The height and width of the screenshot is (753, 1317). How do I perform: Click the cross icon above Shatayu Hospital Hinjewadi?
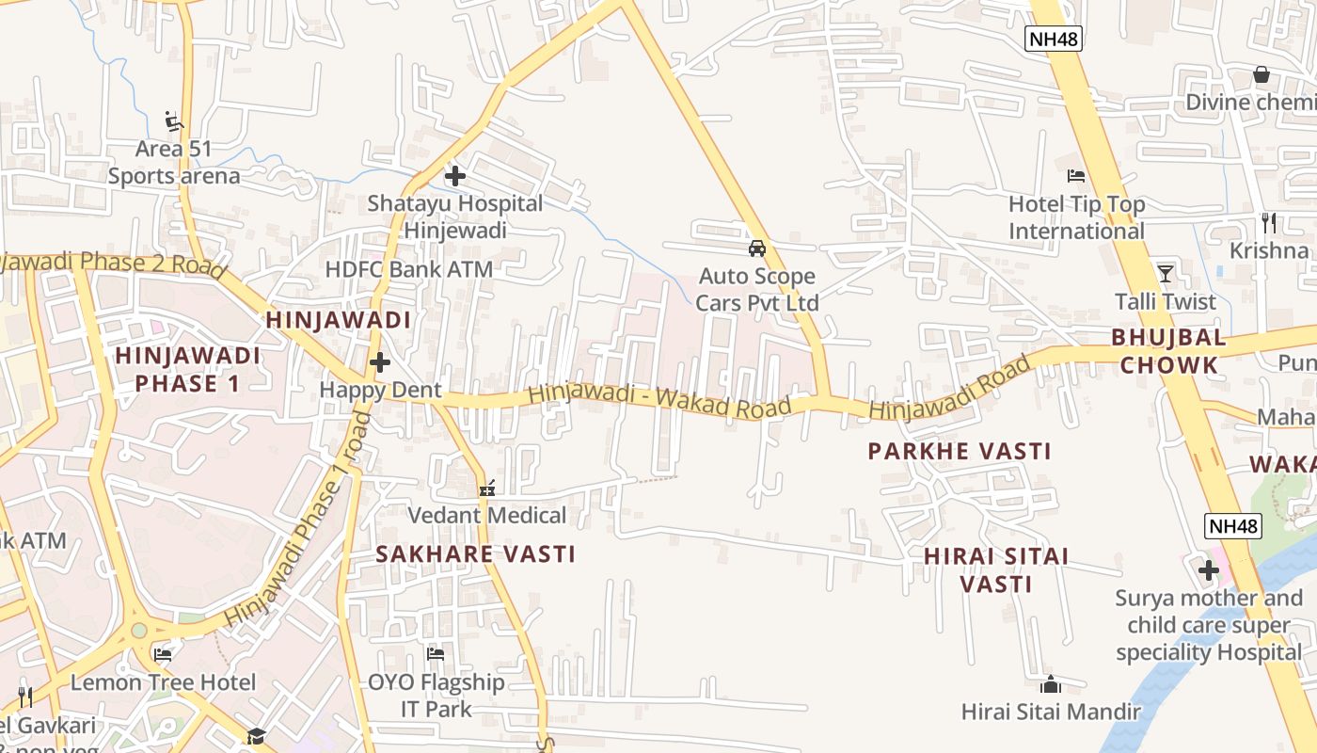(455, 176)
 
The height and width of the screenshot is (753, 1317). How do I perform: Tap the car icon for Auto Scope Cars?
(756, 248)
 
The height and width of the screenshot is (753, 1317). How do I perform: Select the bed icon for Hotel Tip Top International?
(1076, 176)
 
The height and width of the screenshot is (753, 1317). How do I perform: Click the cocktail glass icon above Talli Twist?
(1166, 274)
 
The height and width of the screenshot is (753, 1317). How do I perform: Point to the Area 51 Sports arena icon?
(174, 120)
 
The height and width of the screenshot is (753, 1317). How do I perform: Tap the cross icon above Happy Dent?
(380, 362)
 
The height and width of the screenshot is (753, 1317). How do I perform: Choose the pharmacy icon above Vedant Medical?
(487, 488)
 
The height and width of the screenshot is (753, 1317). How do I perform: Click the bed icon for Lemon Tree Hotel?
(163, 654)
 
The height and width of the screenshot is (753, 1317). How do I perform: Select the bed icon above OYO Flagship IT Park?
(436, 653)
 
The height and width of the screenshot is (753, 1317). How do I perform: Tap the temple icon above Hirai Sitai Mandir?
(1051, 684)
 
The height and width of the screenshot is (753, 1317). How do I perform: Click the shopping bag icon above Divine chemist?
(1261, 74)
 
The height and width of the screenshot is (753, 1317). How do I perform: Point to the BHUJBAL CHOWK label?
(1168, 351)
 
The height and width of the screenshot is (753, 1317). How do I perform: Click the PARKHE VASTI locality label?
(959, 452)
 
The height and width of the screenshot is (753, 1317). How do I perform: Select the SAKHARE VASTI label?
(475, 554)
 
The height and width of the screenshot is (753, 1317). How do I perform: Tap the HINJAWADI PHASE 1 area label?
(187, 369)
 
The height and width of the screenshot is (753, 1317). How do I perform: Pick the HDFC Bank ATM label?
(408, 269)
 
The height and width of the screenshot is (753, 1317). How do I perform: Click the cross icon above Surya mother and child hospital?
(1209, 569)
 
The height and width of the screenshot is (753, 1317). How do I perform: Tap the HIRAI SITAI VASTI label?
(996, 570)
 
